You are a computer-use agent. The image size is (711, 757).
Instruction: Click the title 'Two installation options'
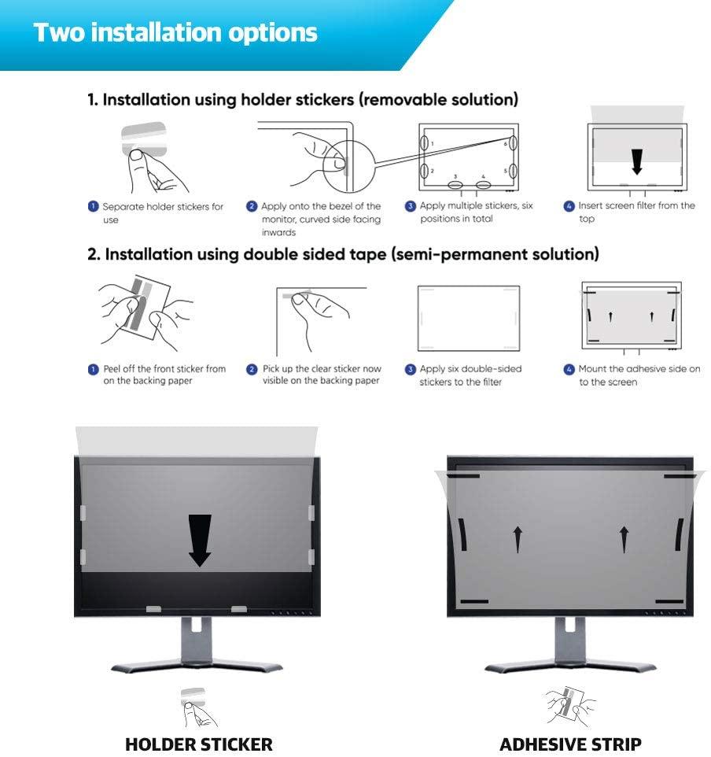pyautogui.click(x=175, y=33)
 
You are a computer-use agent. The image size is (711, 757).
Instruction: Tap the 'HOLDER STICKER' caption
pyautogui.click(x=199, y=744)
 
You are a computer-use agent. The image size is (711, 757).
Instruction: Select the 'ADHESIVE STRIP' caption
pyautogui.click(x=570, y=744)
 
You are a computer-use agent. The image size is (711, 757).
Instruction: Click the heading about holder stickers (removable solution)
pyautogui.click(x=303, y=99)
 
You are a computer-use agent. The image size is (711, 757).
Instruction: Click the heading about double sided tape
pyautogui.click(x=343, y=254)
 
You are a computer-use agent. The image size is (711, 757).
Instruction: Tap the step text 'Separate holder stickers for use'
pyautogui.click(x=163, y=213)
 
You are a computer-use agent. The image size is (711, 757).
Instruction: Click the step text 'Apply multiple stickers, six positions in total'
pyautogui.click(x=476, y=212)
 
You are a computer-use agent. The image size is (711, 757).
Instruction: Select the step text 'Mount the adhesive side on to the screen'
pyautogui.click(x=639, y=375)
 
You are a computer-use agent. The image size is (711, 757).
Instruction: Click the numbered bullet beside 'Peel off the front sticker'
pyautogui.click(x=93, y=369)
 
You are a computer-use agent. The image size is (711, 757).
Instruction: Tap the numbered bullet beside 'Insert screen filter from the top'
pyautogui.click(x=569, y=206)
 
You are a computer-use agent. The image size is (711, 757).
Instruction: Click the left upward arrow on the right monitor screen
pyautogui.click(x=518, y=539)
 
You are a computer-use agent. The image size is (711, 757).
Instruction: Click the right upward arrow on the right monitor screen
pyautogui.click(x=624, y=539)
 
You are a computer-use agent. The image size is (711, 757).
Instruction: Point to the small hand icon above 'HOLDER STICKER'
pyautogui.click(x=198, y=707)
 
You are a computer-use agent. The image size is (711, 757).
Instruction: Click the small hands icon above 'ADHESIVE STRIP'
pyautogui.click(x=570, y=706)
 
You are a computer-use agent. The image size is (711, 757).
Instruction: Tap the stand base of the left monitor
pyautogui.click(x=197, y=667)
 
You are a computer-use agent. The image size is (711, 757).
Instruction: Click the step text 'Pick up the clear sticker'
pyautogui.click(x=322, y=375)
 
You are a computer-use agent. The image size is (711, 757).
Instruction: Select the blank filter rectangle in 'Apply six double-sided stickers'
pyautogui.click(x=469, y=318)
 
